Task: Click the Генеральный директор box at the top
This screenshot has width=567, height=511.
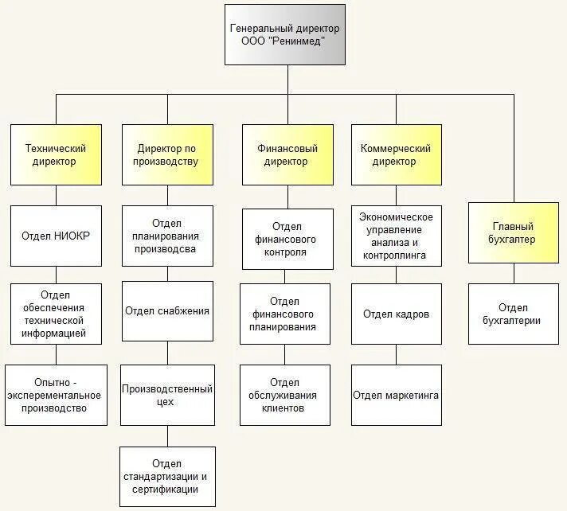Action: (x=284, y=34)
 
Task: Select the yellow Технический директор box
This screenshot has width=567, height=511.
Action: (x=56, y=154)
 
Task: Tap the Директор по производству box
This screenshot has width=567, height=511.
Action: (x=167, y=154)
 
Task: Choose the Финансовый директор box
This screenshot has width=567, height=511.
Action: (x=287, y=154)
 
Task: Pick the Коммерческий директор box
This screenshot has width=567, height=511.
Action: (x=396, y=154)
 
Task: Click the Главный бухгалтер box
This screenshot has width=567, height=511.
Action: (x=513, y=232)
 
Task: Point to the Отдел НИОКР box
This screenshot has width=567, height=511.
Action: (x=56, y=236)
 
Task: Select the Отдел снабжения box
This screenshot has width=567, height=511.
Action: (x=167, y=310)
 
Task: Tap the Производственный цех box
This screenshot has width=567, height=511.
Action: (x=167, y=395)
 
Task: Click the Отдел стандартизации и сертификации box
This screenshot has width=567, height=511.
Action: (x=167, y=476)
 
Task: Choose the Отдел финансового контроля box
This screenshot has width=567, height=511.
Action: (x=287, y=240)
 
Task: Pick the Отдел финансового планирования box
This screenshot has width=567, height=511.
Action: (x=284, y=314)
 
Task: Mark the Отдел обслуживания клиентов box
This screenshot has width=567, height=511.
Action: (x=284, y=395)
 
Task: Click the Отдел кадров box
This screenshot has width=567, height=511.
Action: (x=396, y=314)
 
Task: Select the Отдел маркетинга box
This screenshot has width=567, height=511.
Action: (x=396, y=395)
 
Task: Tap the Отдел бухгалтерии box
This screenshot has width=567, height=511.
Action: (x=513, y=314)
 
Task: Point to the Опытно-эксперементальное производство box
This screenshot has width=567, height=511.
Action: (x=56, y=395)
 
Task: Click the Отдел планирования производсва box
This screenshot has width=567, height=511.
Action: (x=167, y=236)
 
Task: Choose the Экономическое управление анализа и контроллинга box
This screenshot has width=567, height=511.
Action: (x=396, y=236)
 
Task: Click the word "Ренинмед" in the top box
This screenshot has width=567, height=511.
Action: (x=299, y=41)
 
